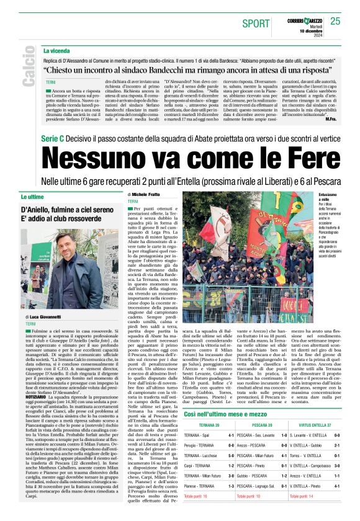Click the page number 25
[x=336, y=21]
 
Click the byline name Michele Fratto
[x=146, y=195]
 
